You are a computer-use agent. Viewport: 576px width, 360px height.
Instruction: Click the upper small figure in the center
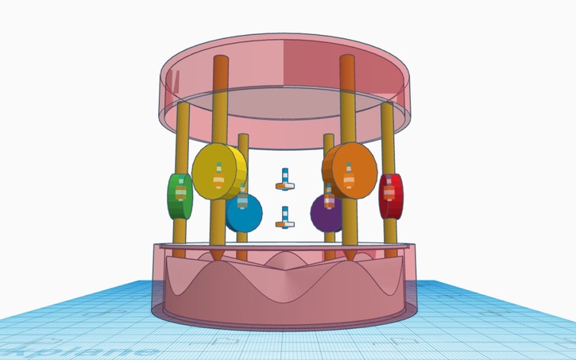pyautogui.click(x=284, y=180)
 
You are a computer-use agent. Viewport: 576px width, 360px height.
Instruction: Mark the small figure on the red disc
pyautogui.click(x=390, y=193)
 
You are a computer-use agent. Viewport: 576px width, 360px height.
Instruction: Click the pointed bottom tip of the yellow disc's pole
pyautogui.click(x=216, y=257)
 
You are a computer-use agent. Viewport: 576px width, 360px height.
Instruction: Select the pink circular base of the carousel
pyautogui.click(x=286, y=294)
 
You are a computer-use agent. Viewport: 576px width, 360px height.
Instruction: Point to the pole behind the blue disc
pyautogui.click(x=243, y=159)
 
